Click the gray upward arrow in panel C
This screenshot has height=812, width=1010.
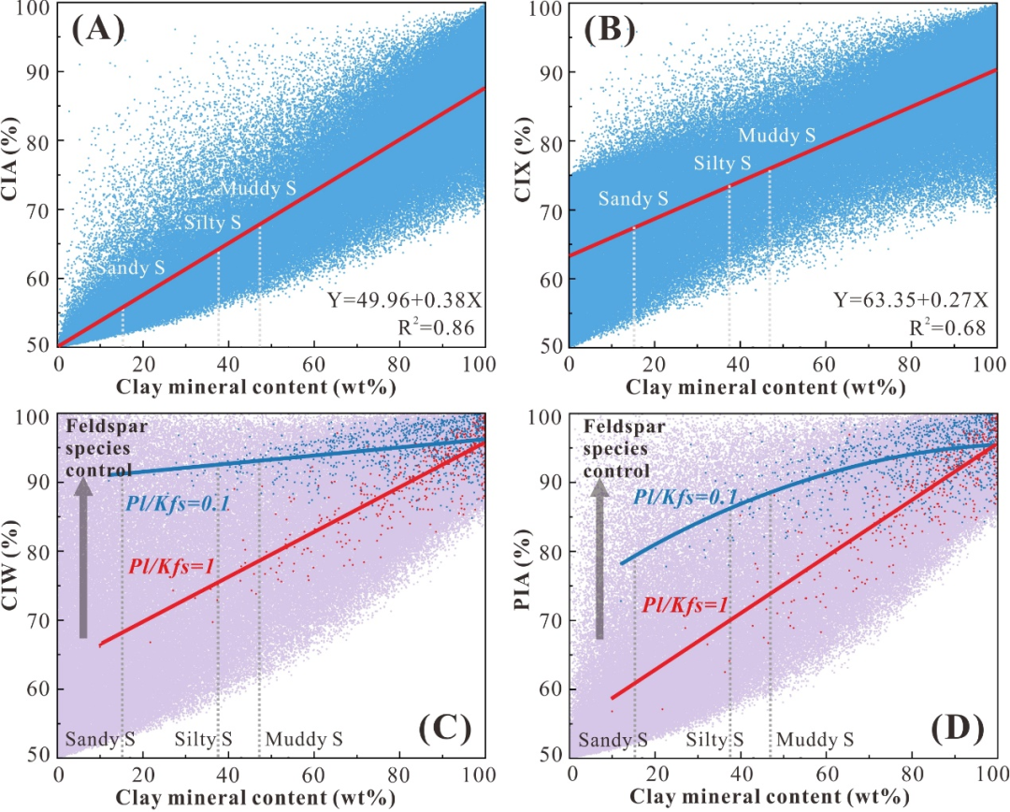83,558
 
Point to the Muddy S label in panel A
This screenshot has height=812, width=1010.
258,188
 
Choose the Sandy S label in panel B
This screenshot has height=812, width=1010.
633,198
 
